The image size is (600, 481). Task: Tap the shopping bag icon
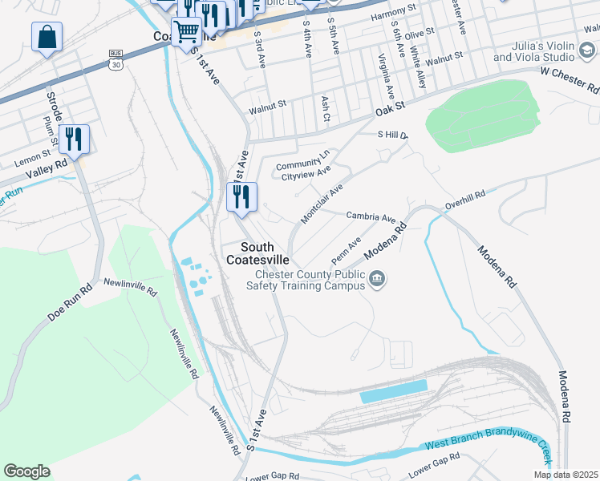(47, 37)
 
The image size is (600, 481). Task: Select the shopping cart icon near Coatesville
(187, 33)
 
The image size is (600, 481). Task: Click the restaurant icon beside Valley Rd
(74, 139)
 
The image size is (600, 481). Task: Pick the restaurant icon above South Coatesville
(241, 197)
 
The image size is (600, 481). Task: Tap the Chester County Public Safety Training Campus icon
(378, 279)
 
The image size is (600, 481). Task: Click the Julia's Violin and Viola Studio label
(533, 51)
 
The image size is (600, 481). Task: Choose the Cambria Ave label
(371, 217)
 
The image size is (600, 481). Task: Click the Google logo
(27, 471)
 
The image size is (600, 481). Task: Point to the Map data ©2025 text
(565, 475)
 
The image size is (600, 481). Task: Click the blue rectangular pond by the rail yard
(393, 392)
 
